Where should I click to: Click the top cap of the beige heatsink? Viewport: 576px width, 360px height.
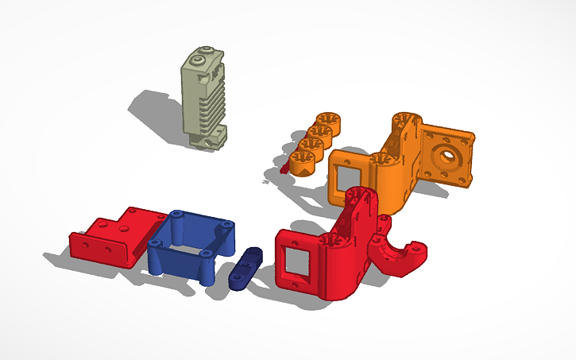point(203,57)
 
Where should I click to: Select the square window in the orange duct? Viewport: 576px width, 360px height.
point(350,170)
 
